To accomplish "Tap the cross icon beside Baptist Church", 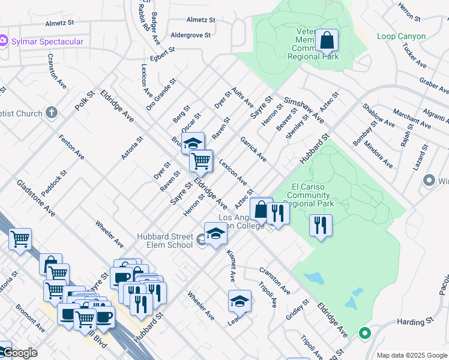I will point(52,113).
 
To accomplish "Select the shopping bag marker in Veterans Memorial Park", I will point(327,41).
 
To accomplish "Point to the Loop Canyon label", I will point(401,36).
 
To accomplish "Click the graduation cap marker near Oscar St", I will point(193,143).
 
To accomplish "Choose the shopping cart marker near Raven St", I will point(201,160).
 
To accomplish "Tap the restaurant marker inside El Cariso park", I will point(321,226).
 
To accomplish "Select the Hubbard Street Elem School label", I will point(165,240).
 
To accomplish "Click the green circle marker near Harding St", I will point(364,333).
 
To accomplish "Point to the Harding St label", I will point(411,322).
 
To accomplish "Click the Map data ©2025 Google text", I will point(411,355).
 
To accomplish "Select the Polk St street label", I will point(85,101).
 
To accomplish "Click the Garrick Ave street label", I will point(253,148).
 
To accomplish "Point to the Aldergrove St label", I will point(191,35).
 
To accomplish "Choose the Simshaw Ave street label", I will point(304,110).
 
